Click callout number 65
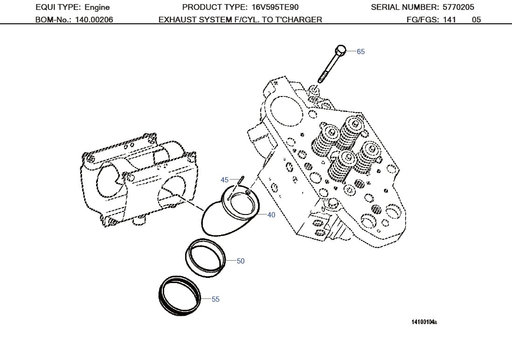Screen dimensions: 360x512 [x=361, y=52]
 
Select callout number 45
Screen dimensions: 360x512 [x=224, y=180]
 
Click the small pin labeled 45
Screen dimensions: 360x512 [x=240, y=179]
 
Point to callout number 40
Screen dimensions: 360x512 [x=271, y=215]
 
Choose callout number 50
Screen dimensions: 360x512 [x=241, y=261]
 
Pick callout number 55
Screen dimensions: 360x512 [x=215, y=299]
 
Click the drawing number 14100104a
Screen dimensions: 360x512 [x=424, y=322]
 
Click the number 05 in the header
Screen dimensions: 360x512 [x=476, y=20]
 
